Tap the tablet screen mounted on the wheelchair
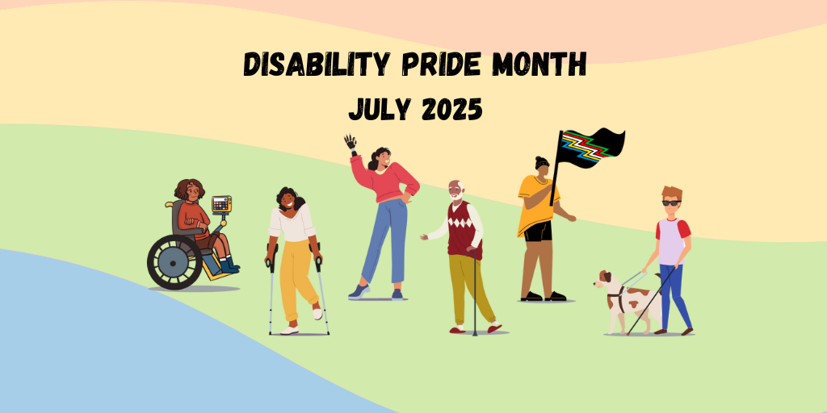[x=221, y=203]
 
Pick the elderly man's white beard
[x=457, y=197]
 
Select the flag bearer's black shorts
[x=538, y=232]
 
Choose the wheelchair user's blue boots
[x=229, y=264]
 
